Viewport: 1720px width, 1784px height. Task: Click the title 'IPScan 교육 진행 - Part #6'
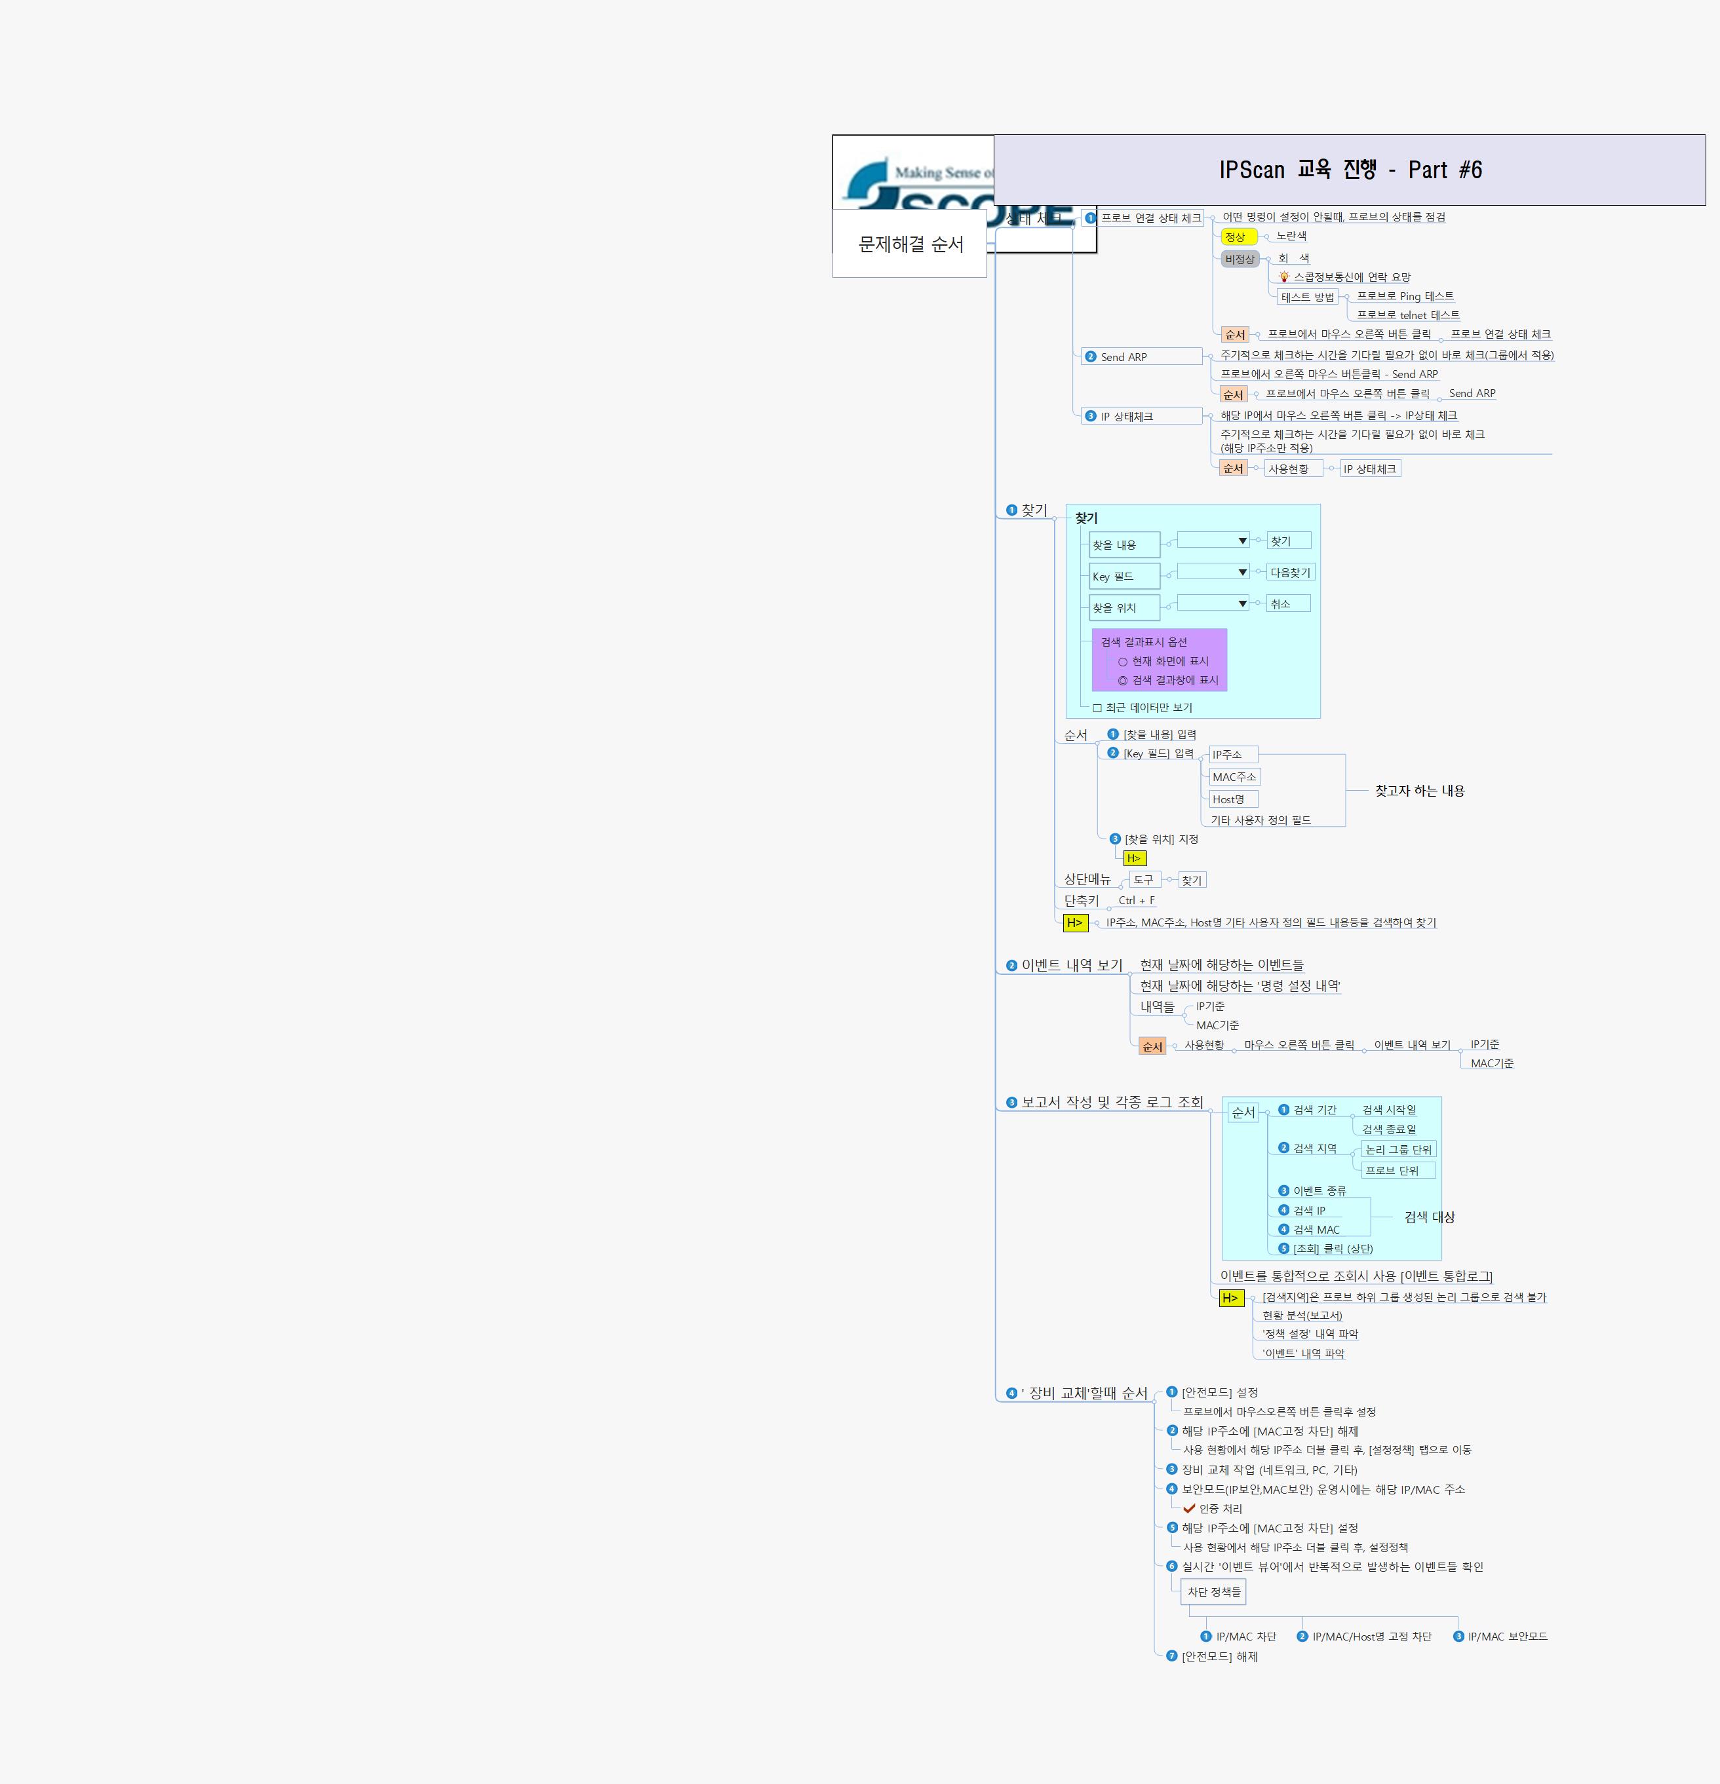point(1350,170)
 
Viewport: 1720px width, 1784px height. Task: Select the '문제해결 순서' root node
point(910,244)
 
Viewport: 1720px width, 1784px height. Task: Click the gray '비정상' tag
point(1240,259)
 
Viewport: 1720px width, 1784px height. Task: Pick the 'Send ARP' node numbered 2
point(1124,357)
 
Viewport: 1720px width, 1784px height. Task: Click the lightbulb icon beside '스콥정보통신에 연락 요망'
point(1284,276)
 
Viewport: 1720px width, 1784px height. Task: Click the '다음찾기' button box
point(1290,573)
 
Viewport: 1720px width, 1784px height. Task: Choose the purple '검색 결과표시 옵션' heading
point(1144,641)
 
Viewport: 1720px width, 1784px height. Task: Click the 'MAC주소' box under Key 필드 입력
point(1234,777)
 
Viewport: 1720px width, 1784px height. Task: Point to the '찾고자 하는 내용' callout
point(1420,791)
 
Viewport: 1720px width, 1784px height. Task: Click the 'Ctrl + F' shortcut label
point(1137,900)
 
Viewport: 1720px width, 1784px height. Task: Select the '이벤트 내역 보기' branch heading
point(1072,965)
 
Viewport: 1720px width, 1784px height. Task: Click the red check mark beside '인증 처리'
point(1189,1508)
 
